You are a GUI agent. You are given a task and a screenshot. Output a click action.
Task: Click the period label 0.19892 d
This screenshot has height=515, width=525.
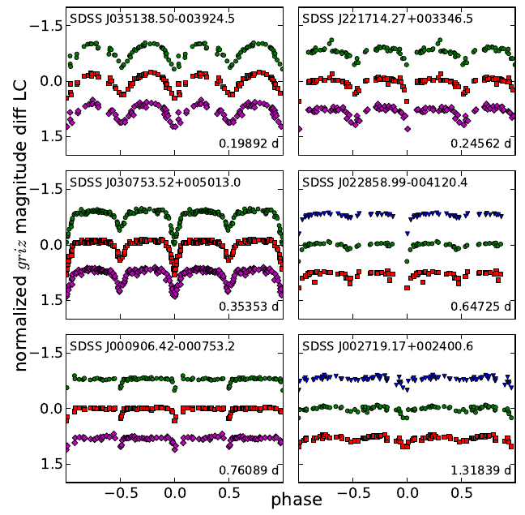coord(248,144)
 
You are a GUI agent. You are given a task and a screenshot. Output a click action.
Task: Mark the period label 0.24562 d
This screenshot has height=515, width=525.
coord(481,144)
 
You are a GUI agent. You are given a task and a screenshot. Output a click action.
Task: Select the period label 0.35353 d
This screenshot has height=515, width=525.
coord(248,307)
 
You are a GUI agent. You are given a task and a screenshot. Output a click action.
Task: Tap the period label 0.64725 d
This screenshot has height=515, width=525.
coord(481,307)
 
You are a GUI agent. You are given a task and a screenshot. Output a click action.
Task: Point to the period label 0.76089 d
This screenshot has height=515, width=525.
coord(248,470)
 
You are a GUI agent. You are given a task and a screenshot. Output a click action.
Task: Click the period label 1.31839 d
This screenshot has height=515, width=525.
coord(481,470)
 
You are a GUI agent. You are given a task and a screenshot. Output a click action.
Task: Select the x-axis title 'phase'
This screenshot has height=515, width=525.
coord(296,499)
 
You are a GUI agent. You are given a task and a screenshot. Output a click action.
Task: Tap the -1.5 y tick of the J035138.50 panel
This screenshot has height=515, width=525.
coord(49,25)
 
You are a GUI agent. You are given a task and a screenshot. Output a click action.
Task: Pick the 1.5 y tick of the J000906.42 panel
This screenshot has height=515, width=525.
coord(52,464)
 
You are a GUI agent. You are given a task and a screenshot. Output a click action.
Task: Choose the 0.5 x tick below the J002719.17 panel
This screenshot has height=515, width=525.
coord(462,491)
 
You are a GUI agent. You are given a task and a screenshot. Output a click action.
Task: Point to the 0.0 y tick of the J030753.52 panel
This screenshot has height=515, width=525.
coord(52,245)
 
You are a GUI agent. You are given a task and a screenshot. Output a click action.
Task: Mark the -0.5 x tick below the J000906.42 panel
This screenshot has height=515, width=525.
coord(117,491)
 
